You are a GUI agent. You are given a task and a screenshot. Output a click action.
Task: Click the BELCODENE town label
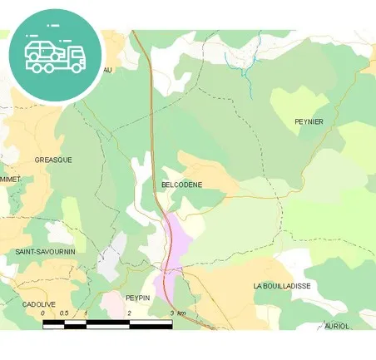[x=181, y=185]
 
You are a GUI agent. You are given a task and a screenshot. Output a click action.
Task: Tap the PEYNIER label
[x=309, y=122]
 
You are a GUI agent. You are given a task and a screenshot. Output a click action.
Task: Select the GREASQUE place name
[x=53, y=159]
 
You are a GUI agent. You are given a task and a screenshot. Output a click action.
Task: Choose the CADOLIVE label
[x=39, y=304]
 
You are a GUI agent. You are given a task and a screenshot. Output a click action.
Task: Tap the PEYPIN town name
[x=137, y=297]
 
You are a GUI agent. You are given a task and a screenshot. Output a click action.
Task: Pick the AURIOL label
[x=337, y=326]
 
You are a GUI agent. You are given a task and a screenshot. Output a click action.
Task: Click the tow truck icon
[x=55, y=53]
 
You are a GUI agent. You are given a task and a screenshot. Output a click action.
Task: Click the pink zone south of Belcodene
[x=177, y=240]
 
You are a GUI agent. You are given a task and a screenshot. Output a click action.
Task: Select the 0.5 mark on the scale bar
[x=64, y=313]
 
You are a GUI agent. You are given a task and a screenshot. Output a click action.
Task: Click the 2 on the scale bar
[x=129, y=313]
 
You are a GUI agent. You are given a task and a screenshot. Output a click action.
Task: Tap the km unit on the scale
[x=182, y=313]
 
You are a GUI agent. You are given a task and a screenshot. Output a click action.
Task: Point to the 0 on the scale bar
[x=43, y=313]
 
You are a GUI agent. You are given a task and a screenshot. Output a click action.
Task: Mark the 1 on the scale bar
[x=86, y=313]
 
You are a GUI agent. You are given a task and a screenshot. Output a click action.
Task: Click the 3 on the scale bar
[x=171, y=313]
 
